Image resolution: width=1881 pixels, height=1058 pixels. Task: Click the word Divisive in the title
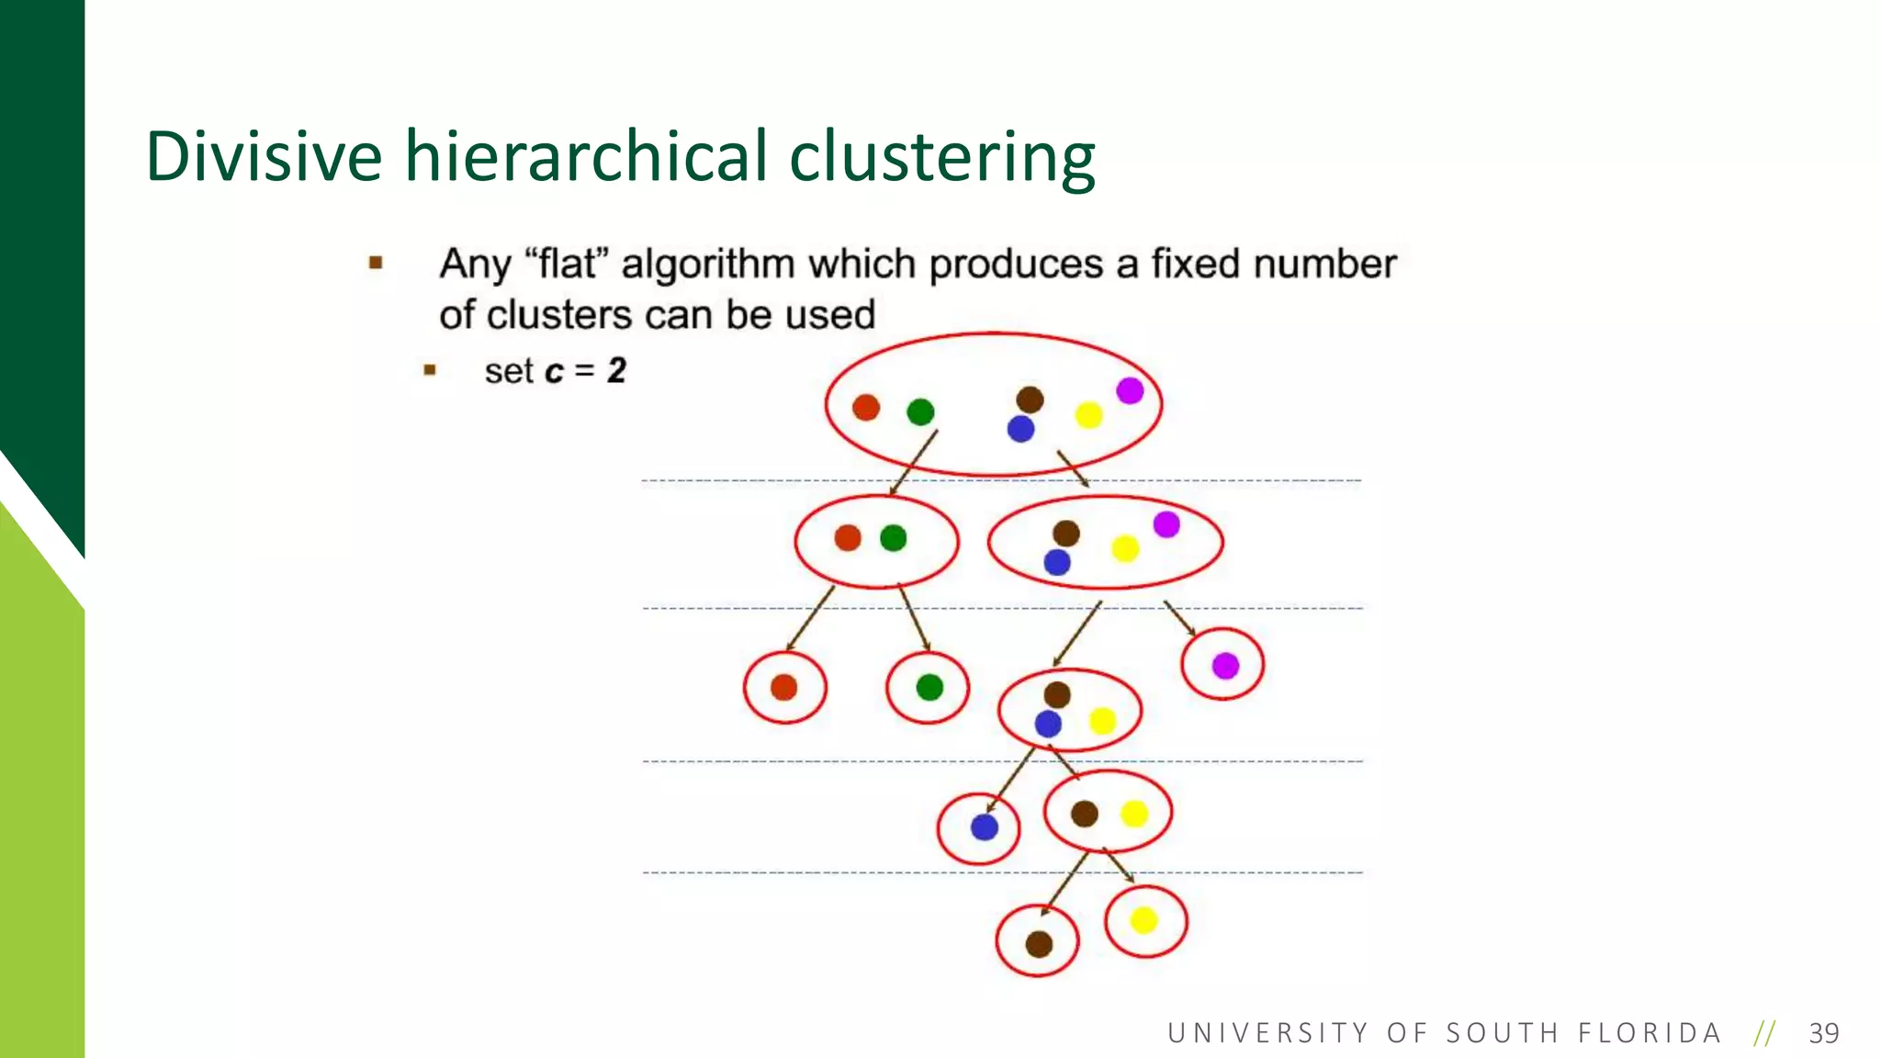point(264,156)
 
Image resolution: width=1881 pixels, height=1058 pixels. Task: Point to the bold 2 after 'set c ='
point(616,371)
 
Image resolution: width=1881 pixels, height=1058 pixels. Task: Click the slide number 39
point(1823,1033)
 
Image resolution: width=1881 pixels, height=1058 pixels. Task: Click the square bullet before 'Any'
point(375,264)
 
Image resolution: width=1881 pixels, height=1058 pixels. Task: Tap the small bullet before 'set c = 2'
point(429,370)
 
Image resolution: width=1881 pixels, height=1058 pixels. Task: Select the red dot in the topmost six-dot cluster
point(866,407)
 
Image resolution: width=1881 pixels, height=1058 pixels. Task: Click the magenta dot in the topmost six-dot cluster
point(1130,390)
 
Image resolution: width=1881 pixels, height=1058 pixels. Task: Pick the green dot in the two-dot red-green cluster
point(893,538)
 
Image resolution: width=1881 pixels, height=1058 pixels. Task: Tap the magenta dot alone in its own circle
point(1225,665)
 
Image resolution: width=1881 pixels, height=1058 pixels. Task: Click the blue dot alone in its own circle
point(984,827)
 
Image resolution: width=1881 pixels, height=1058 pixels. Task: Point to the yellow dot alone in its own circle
point(1143,919)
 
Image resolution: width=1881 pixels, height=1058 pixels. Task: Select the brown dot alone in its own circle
point(1039,943)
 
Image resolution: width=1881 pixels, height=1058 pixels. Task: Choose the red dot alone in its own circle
point(783,687)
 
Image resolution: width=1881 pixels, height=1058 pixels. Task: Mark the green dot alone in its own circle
point(929,687)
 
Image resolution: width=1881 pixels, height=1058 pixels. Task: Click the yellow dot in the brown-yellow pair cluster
point(1134,814)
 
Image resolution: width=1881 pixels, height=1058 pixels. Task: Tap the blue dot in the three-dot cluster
point(1048,724)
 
